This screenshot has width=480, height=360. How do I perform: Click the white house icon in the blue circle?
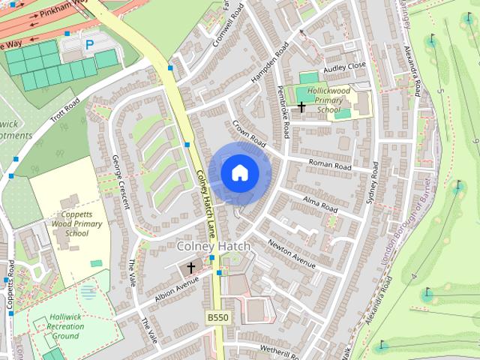tap(239, 173)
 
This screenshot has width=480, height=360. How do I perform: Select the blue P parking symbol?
tap(89, 45)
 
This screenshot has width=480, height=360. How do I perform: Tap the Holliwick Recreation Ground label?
tap(65, 326)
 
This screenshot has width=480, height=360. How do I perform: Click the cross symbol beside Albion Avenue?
tap(190, 267)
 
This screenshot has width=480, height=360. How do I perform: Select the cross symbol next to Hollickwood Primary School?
tap(301, 107)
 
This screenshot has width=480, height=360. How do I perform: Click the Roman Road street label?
tap(330, 163)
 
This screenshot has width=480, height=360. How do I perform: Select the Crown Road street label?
tap(249, 132)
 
